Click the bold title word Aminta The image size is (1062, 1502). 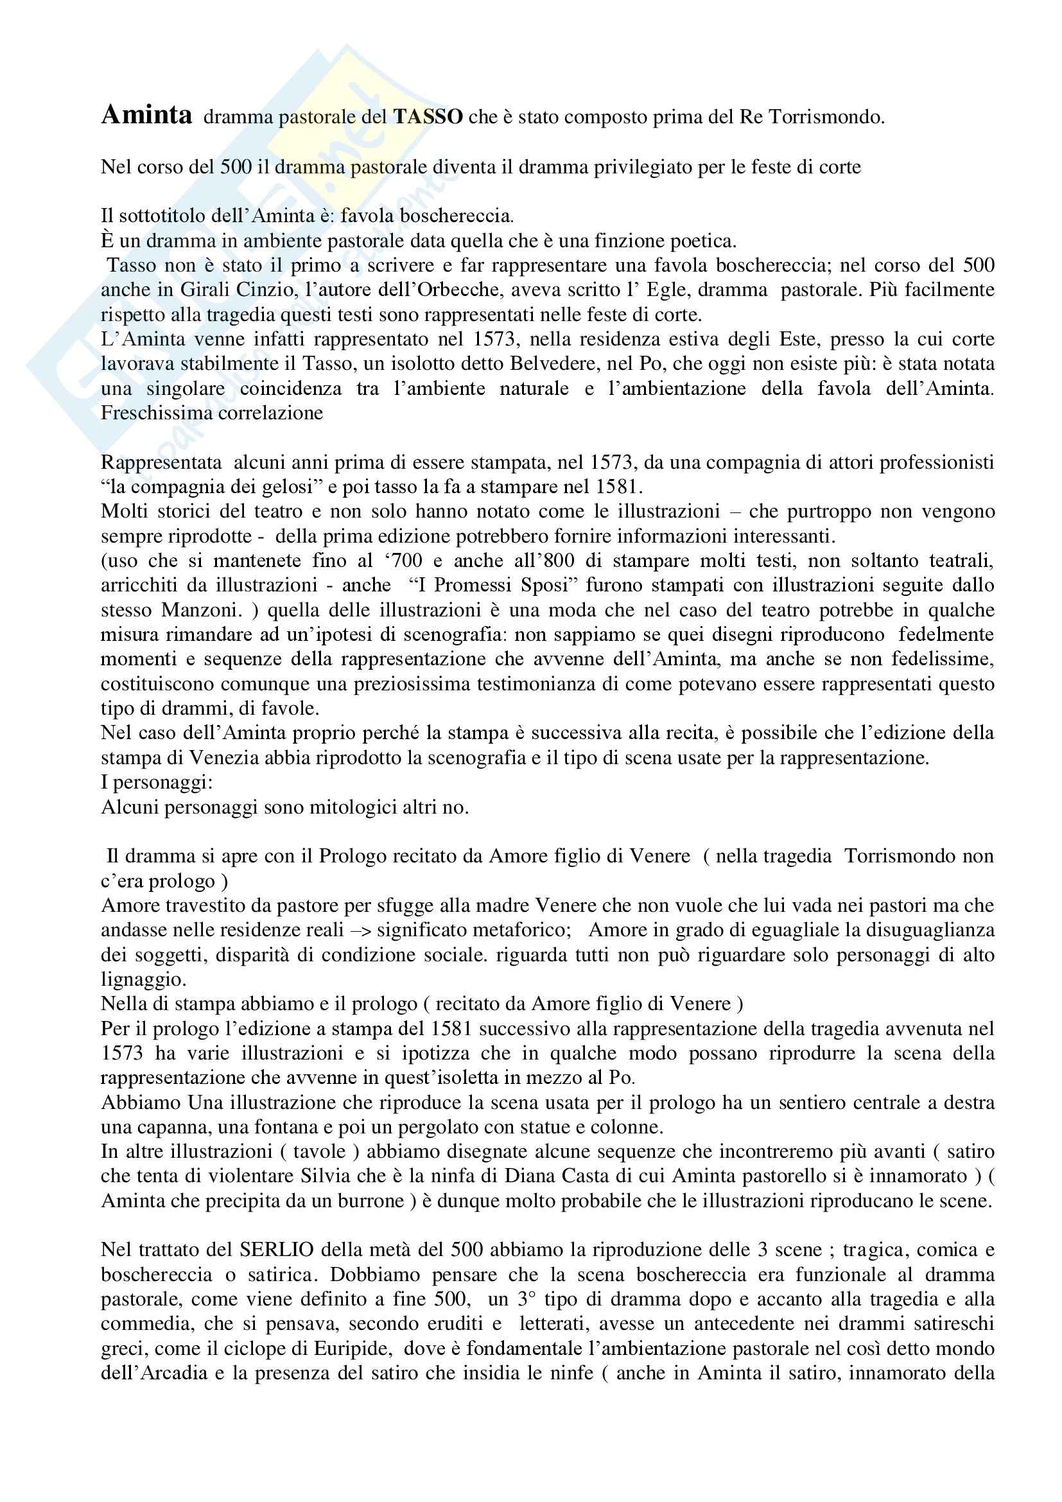point(146,115)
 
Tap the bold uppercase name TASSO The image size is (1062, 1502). point(428,117)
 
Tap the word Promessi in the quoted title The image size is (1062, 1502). point(471,586)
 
